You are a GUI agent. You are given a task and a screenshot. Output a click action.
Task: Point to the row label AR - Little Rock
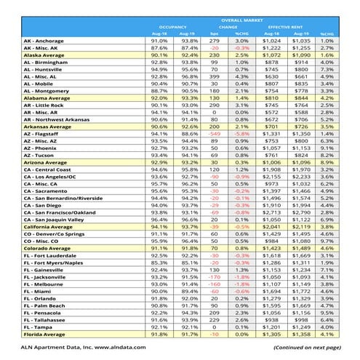pos(44,105)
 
